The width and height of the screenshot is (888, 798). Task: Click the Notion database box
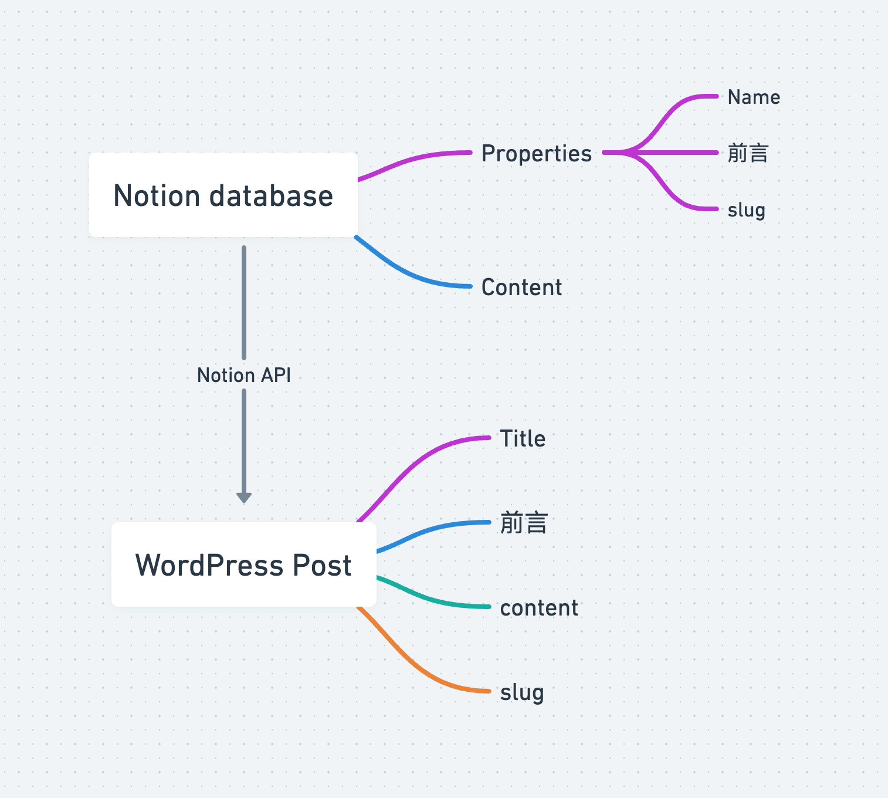tap(223, 195)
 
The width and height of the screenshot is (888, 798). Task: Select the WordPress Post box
tap(243, 564)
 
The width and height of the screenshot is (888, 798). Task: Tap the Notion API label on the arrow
tap(244, 375)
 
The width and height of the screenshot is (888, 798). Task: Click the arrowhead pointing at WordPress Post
tap(244, 498)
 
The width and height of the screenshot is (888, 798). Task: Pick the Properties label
tap(536, 154)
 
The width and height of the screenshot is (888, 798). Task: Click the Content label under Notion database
tap(521, 288)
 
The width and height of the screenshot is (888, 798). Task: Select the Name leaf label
tap(754, 97)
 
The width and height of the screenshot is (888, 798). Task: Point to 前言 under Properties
tap(748, 154)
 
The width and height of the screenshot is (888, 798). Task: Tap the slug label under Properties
tap(746, 210)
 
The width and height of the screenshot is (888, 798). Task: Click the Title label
tap(523, 439)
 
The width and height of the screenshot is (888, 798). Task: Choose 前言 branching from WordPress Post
tap(524, 523)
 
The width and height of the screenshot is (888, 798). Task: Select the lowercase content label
tap(539, 608)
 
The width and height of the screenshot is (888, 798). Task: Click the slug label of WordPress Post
tap(522, 692)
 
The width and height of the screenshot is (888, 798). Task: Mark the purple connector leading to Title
tap(411, 464)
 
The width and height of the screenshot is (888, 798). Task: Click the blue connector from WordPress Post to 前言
tap(428, 531)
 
